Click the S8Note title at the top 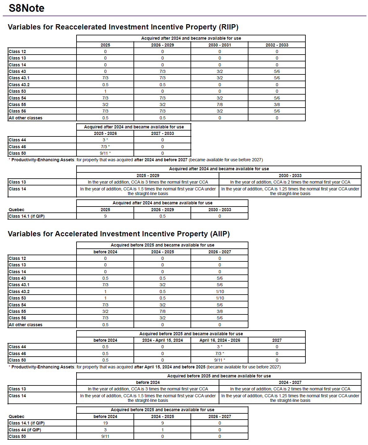pos(27,8)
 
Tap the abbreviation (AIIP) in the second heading pos(221,234)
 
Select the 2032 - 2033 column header pos(277,45)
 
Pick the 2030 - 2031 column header pos(220,45)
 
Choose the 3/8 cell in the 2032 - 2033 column pos(277,105)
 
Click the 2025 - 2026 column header pos(105,133)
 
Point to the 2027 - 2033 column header pos(162,133)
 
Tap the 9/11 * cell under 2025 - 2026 pos(105,153)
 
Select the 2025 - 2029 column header pos(148,176)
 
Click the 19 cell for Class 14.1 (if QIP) pos(105,423)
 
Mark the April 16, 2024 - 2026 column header pos(220,340)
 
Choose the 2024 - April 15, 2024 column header pos(162,340)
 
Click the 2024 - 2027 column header pos(290,382)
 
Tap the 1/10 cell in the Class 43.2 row pos(220,291)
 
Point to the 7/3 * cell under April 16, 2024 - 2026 pos(220,354)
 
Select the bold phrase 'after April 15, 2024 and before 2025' pos(169,367)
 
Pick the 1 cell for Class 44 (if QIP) pos(162,430)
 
